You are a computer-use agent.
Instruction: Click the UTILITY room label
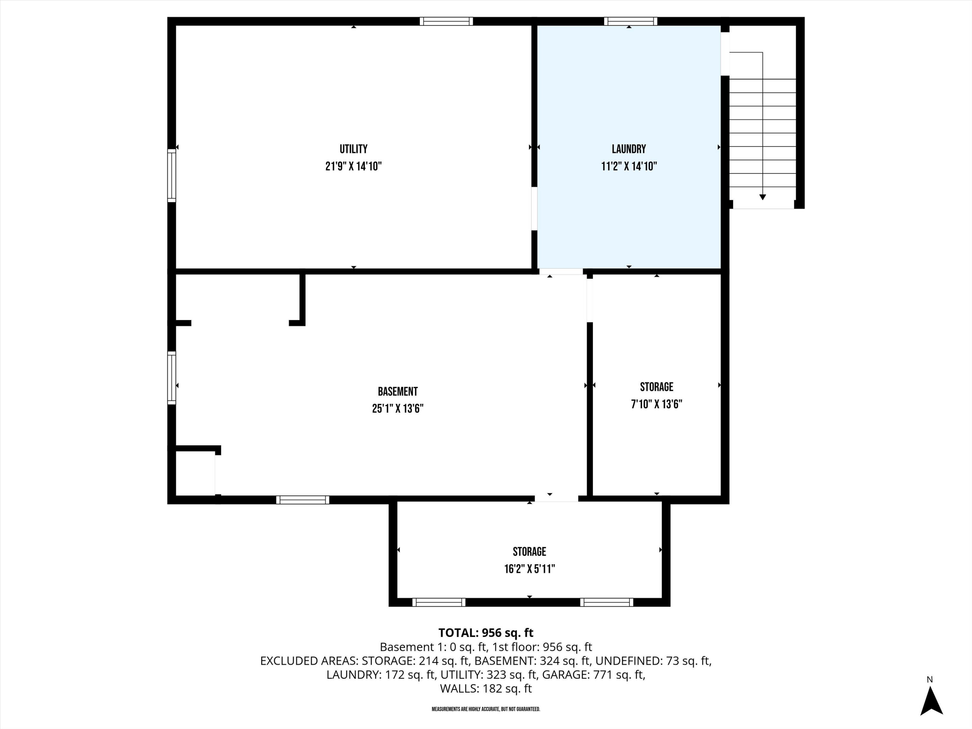tap(353, 149)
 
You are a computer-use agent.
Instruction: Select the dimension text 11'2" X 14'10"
tap(629, 167)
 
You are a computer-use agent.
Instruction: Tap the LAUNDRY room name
tap(629, 149)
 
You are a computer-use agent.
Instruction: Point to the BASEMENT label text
tap(398, 391)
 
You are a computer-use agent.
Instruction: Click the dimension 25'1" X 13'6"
tap(398, 409)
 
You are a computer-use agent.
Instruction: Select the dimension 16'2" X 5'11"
tap(529, 569)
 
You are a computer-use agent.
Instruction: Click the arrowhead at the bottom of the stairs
tap(762, 197)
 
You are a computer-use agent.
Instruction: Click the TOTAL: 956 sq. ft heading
tap(486, 633)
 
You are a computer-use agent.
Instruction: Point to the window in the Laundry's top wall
tap(630, 21)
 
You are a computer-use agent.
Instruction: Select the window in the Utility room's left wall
tap(172, 175)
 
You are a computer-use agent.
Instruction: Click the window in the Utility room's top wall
tap(446, 21)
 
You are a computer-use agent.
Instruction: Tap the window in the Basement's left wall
tap(172, 377)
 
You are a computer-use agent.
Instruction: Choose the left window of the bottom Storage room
tap(439, 602)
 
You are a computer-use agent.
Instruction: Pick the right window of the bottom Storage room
tap(607, 602)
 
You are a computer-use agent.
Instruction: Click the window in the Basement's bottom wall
tap(302, 500)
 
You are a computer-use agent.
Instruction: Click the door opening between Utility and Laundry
tap(534, 209)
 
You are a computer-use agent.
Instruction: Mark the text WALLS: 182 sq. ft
tap(486, 688)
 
